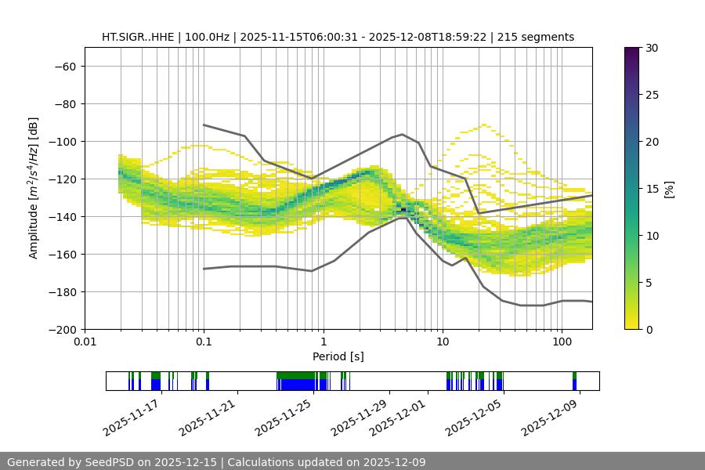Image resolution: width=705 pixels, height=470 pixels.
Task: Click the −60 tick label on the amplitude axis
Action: pos(65,66)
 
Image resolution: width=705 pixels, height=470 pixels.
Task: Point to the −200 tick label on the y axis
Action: pos(62,329)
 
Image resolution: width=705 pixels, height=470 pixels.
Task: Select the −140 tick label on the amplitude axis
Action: pos(62,216)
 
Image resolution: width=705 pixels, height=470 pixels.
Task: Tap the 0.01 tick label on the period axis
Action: pos(85,342)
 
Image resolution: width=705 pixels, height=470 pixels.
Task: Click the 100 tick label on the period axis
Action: pos(562,342)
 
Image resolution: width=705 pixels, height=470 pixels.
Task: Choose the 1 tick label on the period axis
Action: pos(324,342)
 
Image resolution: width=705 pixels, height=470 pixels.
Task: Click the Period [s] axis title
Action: pos(338,357)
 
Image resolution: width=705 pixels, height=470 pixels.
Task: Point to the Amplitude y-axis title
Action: pos(34,188)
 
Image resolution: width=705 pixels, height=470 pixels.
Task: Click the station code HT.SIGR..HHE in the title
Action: pos(138,37)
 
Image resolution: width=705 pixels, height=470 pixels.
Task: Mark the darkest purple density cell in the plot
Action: pos(404,210)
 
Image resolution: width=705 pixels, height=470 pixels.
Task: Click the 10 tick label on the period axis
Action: pos(443,342)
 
